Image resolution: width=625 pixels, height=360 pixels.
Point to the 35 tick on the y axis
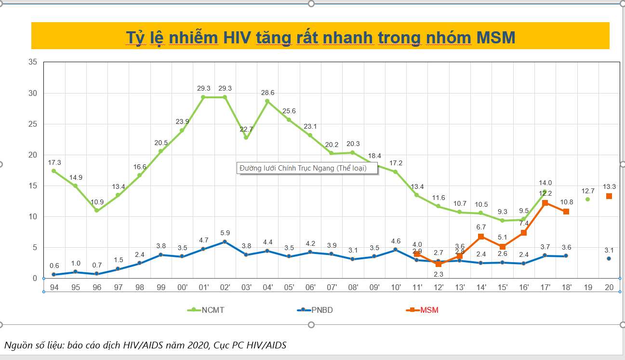33,62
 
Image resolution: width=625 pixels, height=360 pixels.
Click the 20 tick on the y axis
33,155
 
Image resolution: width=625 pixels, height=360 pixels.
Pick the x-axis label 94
54,287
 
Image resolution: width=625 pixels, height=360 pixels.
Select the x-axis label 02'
225,287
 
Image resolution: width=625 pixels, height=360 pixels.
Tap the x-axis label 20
609,287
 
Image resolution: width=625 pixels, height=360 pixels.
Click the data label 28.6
267,92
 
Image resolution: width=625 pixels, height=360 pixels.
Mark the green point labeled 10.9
96,211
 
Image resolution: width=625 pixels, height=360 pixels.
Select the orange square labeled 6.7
481,237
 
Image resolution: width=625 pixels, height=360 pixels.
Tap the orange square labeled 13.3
609,196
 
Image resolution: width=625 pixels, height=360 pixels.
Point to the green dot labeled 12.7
587,200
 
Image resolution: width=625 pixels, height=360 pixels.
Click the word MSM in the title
495,37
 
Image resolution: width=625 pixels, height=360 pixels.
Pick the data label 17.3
54,163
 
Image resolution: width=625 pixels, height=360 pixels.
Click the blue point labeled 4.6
395,250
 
